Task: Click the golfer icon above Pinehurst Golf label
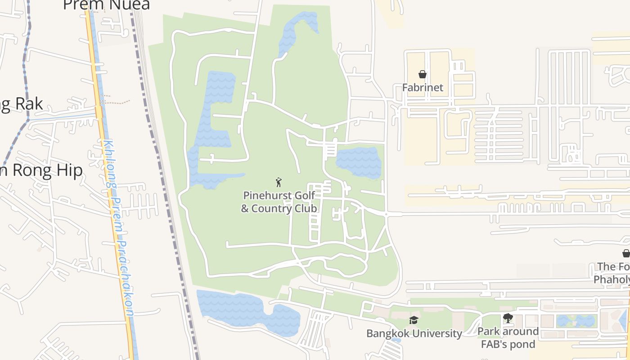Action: tap(279, 182)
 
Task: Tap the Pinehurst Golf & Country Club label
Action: tap(279, 202)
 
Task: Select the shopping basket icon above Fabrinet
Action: tap(423, 74)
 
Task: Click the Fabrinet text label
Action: tap(423, 87)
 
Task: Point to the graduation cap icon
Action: tap(414, 320)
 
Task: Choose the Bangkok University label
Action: tap(414, 333)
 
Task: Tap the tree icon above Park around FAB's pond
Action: tap(508, 318)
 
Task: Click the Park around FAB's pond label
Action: tap(508, 338)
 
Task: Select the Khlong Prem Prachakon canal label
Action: tap(118, 229)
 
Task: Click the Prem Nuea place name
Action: tap(106, 4)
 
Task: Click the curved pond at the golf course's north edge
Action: tap(295, 31)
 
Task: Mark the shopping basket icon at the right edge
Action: tap(626, 253)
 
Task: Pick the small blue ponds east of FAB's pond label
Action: tap(576, 321)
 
